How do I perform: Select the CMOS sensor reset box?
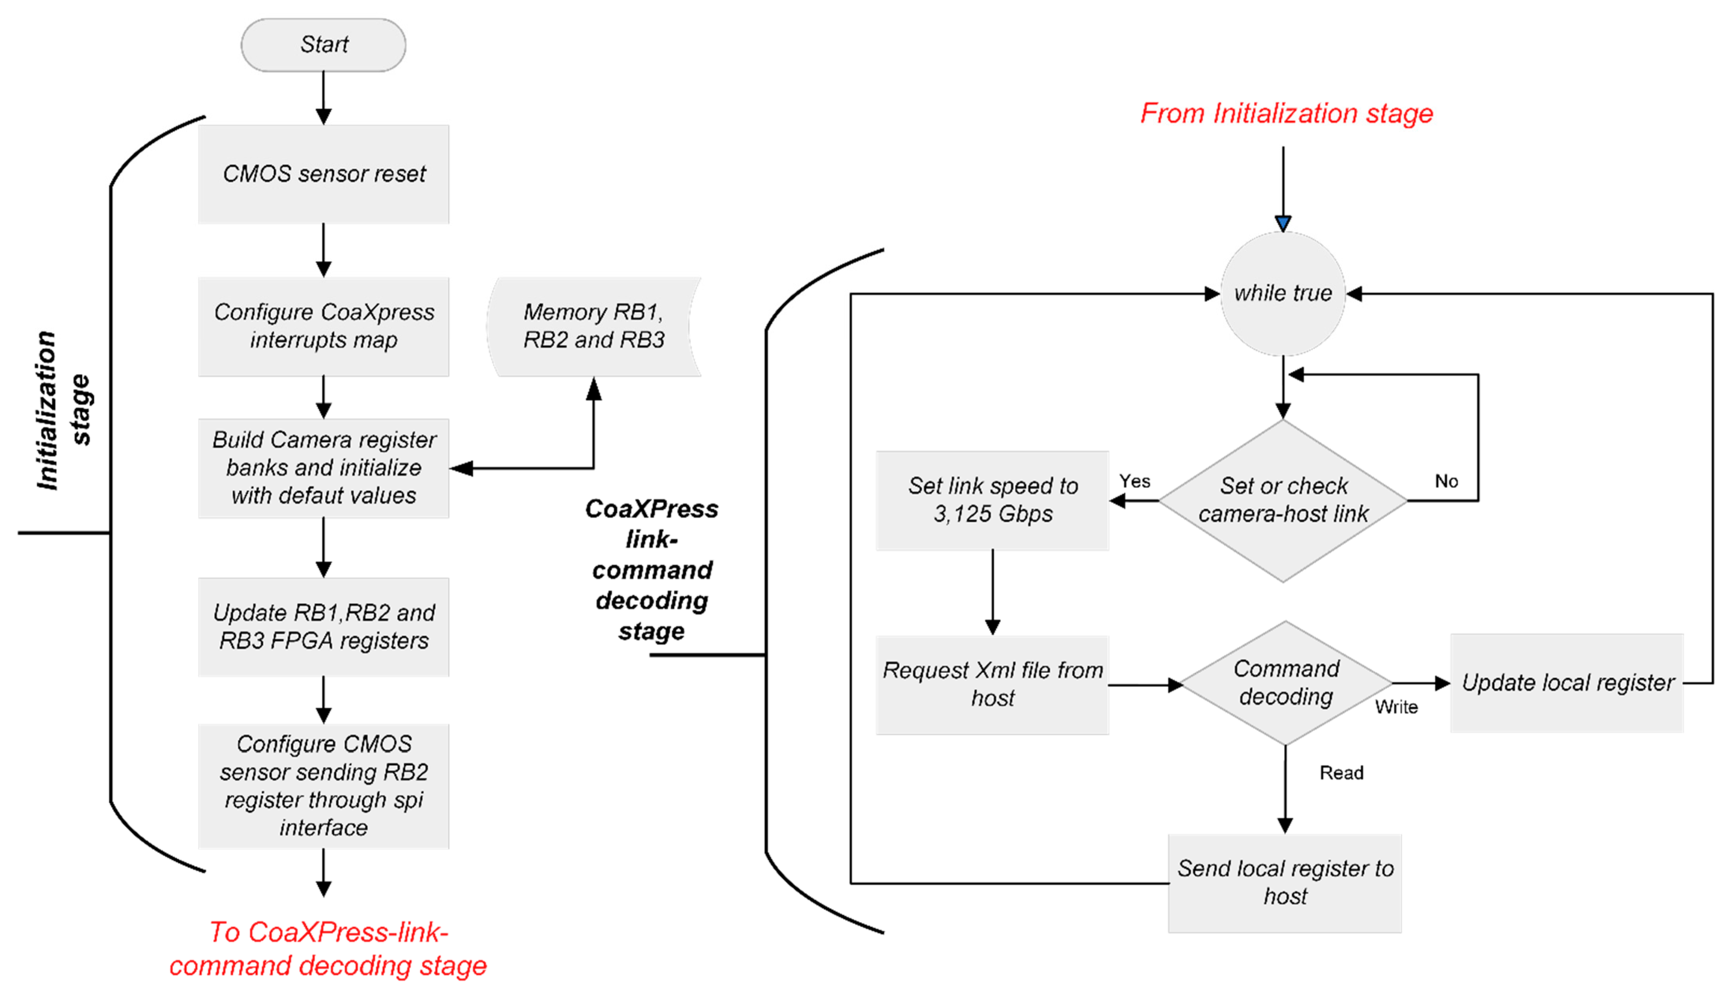(324, 174)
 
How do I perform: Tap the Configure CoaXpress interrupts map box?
(324, 326)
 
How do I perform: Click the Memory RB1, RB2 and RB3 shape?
(594, 326)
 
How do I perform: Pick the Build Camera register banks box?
(324, 468)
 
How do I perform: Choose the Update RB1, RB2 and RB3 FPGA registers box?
(324, 627)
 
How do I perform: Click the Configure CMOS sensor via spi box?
(324, 786)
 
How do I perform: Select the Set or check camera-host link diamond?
(1283, 500)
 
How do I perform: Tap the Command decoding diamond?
(1286, 683)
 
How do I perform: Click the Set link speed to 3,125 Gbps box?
(992, 500)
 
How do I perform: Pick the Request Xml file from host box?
(992, 685)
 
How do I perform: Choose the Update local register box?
(1567, 683)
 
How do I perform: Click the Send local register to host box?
(1285, 883)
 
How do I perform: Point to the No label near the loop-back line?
(1446, 481)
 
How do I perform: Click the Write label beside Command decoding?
(1396, 707)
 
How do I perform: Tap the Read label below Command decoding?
(1341, 773)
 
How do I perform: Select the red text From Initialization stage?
(1286, 114)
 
